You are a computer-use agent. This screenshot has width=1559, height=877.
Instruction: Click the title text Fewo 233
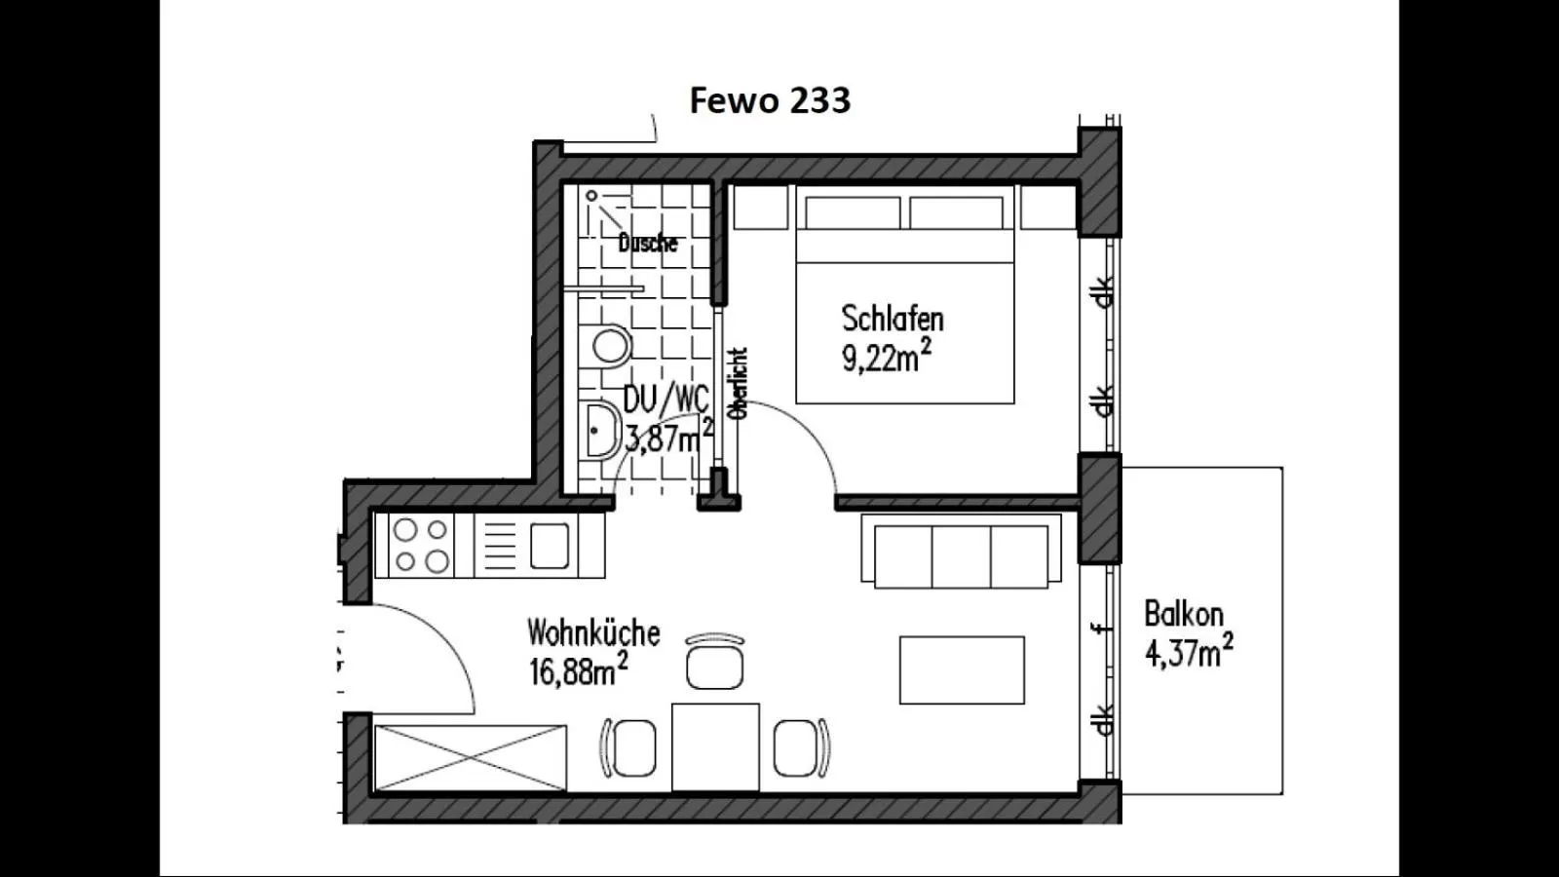click(770, 100)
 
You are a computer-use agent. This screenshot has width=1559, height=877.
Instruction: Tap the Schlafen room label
click(892, 319)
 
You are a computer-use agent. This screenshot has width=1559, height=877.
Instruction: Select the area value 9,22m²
click(885, 358)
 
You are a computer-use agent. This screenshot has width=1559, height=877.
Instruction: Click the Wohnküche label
click(593, 633)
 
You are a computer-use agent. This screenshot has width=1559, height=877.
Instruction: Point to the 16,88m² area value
click(578, 671)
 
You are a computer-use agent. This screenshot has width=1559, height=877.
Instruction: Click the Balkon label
click(1183, 614)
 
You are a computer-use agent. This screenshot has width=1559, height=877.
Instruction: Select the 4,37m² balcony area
click(1188, 652)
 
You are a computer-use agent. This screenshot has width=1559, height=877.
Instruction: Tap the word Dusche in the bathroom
click(647, 243)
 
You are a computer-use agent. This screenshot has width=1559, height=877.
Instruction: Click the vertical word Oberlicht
click(739, 383)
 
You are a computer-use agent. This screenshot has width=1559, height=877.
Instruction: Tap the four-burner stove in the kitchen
click(421, 546)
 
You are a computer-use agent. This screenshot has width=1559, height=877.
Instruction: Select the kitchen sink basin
click(550, 546)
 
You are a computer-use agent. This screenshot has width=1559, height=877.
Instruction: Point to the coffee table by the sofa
click(961, 669)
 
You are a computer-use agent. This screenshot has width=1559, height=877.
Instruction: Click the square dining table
click(715, 746)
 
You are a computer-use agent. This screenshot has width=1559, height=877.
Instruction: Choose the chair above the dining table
click(714, 665)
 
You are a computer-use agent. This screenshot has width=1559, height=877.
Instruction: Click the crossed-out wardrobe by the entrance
click(471, 757)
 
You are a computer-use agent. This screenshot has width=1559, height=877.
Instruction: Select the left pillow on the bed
click(853, 212)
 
